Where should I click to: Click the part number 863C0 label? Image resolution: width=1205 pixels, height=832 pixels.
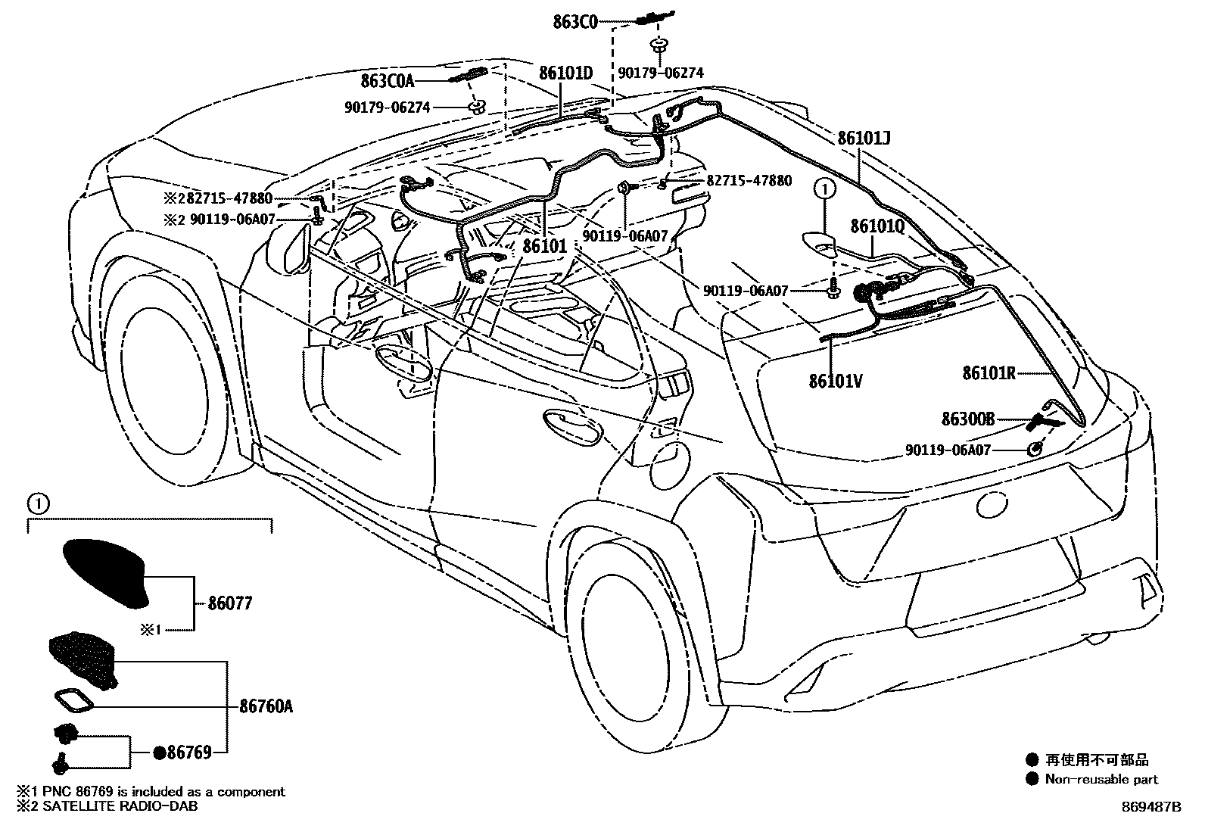click(x=576, y=22)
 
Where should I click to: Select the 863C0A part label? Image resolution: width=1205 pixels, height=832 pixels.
click(x=388, y=79)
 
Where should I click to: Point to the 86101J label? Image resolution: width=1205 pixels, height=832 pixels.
click(x=864, y=139)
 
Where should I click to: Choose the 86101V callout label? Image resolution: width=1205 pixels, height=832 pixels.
click(x=835, y=381)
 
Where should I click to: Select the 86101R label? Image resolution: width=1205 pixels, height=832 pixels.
click(x=988, y=372)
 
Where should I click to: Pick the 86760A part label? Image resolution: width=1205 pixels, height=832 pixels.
click(x=266, y=706)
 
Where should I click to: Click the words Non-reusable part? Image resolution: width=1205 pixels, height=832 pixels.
click(x=1101, y=779)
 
